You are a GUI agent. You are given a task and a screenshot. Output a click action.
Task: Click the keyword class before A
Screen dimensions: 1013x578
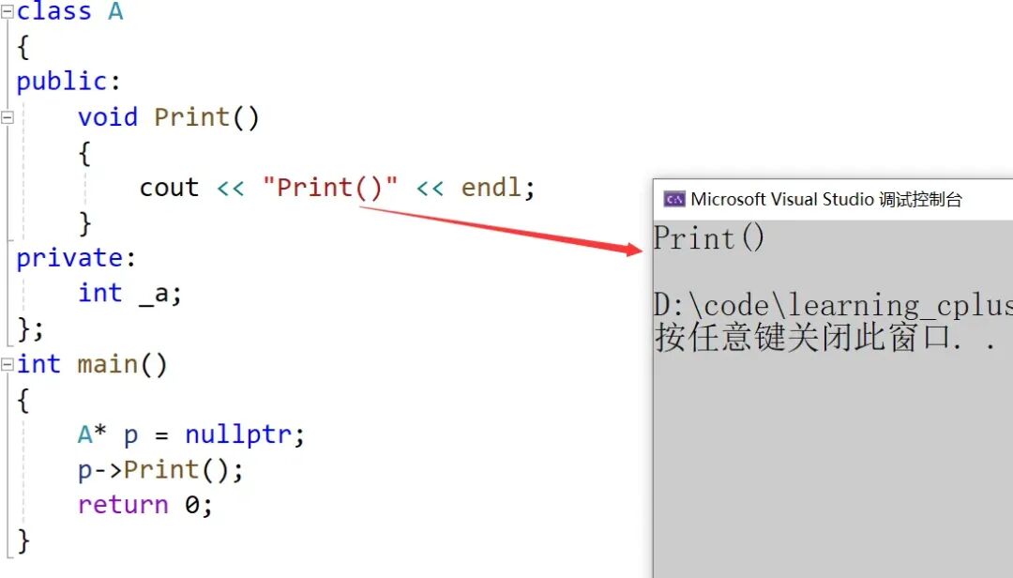[x=53, y=11]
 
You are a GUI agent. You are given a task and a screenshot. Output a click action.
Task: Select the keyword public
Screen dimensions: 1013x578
[x=61, y=82]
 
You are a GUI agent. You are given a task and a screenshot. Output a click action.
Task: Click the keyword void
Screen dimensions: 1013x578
[x=108, y=117]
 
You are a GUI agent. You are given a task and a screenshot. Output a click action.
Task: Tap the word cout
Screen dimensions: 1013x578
[x=169, y=188]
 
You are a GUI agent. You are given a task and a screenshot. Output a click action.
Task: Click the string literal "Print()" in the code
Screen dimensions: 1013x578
[x=330, y=188]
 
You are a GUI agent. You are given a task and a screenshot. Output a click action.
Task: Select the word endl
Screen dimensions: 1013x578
[x=491, y=187]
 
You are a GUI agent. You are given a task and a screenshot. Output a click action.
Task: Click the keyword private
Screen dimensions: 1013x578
[x=69, y=258]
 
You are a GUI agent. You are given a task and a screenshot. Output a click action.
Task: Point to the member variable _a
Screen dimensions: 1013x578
[x=154, y=295]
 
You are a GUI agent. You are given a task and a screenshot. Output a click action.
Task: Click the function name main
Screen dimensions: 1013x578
[x=108, y=364]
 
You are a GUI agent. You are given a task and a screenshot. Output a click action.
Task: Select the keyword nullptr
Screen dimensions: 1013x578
[x=237, y=434]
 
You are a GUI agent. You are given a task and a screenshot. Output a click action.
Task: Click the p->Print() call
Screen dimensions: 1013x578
[x=155, y=470]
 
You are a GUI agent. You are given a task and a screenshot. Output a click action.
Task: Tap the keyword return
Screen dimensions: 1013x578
[x=123, y=505]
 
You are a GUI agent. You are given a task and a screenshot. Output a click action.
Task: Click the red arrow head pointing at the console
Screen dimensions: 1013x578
[x=634, y=249]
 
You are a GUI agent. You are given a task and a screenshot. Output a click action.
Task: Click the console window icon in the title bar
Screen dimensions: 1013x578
[x=674, y=199]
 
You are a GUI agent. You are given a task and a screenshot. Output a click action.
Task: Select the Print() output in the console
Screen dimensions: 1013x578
[x=709, y=238]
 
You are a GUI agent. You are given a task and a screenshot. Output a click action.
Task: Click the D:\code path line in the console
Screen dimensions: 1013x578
[x=833, y=305]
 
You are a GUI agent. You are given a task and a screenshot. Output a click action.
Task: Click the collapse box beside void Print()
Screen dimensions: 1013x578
[x=8, y=117]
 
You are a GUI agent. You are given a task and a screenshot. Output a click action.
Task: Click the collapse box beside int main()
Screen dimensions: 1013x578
[x=8, y=365]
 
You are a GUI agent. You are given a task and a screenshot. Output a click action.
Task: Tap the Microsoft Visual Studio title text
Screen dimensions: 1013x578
[x=781, y=199]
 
